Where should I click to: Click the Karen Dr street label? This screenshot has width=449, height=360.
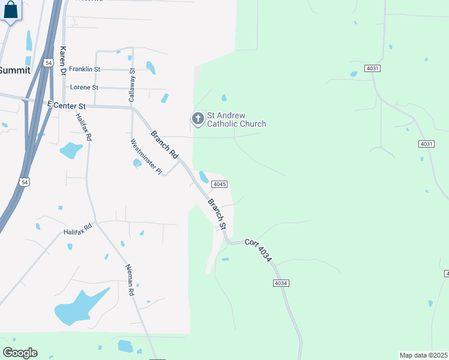point(62,60)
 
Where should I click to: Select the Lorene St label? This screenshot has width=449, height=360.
point(84,87)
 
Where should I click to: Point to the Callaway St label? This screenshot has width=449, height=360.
point(133,84)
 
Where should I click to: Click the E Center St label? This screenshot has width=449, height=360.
point(67,106)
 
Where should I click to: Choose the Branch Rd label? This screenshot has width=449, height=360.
point(164,145)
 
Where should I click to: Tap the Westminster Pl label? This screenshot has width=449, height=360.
point(146,157)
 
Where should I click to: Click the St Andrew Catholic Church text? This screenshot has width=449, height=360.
point(237,120)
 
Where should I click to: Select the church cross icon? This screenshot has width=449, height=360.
point(197,119)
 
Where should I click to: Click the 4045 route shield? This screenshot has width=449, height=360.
point(220,184)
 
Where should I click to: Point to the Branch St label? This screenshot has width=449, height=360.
point(217,214)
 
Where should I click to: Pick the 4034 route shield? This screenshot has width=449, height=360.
point(281,283)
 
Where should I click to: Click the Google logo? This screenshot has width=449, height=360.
point(20,352)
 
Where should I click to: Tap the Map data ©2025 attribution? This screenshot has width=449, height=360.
point(424,355)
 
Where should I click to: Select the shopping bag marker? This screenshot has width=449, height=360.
point(10,11)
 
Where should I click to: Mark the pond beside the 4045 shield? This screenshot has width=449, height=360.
point(204,177)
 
